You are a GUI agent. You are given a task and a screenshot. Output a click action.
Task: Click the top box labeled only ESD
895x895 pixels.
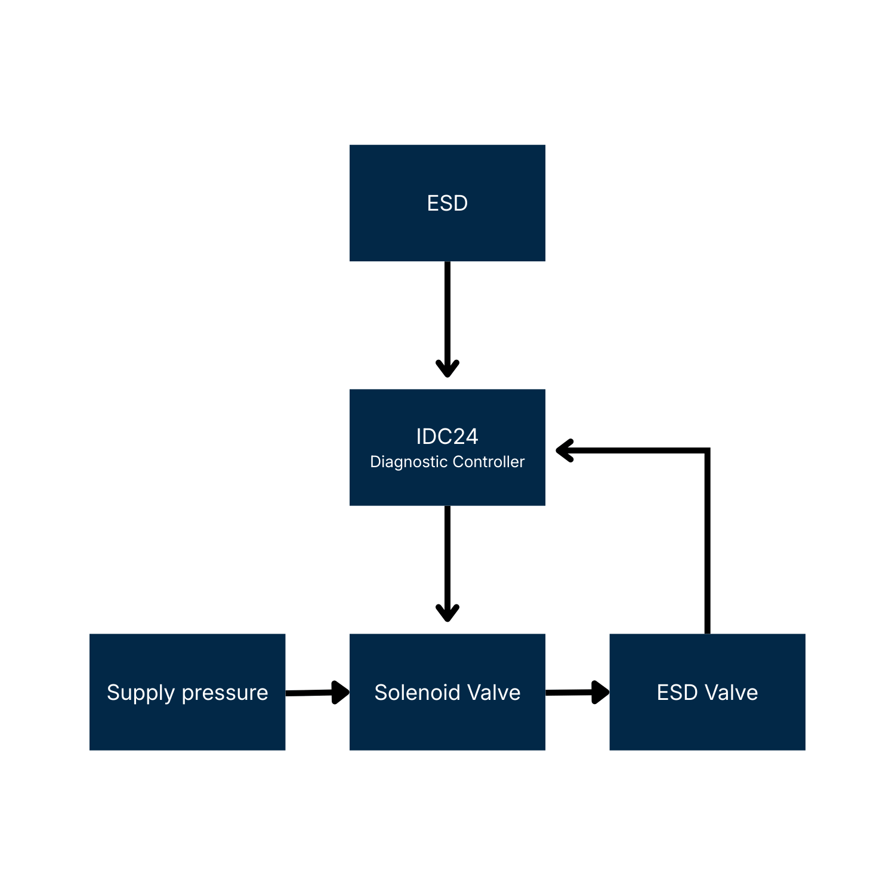click(x=447, y=203)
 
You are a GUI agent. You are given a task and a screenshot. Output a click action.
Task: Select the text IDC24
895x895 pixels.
click(x=447, y=437)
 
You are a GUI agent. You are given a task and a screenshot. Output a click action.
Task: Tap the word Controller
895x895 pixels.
click(x=489, y=462)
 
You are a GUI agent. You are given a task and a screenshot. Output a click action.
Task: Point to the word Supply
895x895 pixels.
click(x=141, y=693)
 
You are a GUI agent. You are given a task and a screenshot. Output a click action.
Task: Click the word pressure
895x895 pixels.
click(x=225, y=693)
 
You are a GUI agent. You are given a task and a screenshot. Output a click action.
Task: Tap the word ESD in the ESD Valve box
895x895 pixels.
click(x=677, y=693)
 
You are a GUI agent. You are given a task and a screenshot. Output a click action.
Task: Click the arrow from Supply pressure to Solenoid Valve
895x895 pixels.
click(x=313, y=693)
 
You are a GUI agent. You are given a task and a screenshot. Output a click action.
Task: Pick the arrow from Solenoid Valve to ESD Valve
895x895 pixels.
click(x=573, y=692)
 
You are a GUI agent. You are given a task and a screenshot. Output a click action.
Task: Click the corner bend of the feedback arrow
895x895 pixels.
click(x=707, y=451)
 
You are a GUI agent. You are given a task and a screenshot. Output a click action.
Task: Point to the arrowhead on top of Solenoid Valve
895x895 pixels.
click(x=447, y=613)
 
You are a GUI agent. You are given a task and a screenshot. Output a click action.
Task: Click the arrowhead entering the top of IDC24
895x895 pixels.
click(x=447, y=369)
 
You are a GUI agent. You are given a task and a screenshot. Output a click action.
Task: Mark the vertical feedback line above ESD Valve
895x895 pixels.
click(x=707, y=543)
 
